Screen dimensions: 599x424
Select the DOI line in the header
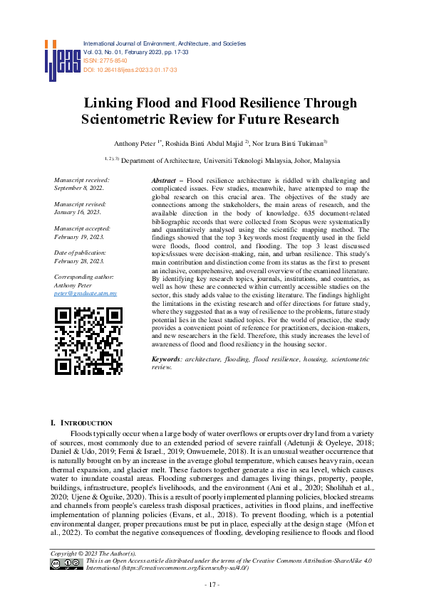click(130, 70)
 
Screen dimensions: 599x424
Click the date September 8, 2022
click(78, 189)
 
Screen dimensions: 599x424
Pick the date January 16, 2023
click(77, 212)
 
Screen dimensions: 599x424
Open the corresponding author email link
click(86, 293)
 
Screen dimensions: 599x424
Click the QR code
click(88, 340)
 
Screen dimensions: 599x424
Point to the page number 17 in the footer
click(212, 585)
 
